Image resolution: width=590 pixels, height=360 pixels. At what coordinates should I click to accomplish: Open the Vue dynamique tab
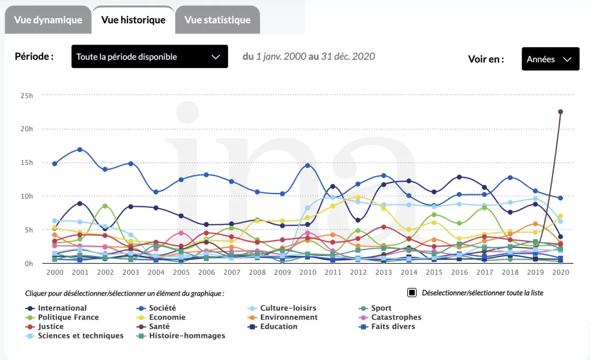[x=48, y=20]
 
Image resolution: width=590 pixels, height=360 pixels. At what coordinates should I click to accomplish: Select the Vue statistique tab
[x=217, y=20]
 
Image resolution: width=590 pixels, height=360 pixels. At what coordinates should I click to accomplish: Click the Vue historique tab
[x=133, y=20]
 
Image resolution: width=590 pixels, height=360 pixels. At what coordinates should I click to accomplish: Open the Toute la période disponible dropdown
[x=149, y=56]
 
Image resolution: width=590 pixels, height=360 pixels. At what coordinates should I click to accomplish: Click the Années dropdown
[x=550, y=59]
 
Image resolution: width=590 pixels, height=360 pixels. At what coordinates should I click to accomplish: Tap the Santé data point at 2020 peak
[x=560, y=112]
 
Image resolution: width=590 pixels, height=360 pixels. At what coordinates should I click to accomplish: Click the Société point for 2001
[x=80, y=150]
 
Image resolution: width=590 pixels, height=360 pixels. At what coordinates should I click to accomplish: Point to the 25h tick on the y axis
[x=27, y=95]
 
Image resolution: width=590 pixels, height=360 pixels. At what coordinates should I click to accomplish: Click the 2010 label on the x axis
[x=307, y=271]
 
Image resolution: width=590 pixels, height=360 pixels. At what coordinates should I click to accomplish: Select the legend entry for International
[x=62, y=308]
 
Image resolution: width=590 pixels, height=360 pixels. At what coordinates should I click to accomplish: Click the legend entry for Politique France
[x=68, y=317]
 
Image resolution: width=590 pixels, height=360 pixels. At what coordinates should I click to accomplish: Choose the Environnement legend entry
[x=288, y=317]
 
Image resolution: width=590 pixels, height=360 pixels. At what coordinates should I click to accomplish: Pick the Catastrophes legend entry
[x=396, y=317]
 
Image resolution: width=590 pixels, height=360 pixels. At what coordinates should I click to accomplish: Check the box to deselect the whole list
[x=412, y=293]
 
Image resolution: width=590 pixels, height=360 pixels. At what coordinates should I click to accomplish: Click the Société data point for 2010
[x=307, y=165]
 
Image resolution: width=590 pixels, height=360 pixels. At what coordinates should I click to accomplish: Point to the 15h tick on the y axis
[x=27, y=162]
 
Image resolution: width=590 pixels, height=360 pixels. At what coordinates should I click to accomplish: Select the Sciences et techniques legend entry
[x=80, y=336]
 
